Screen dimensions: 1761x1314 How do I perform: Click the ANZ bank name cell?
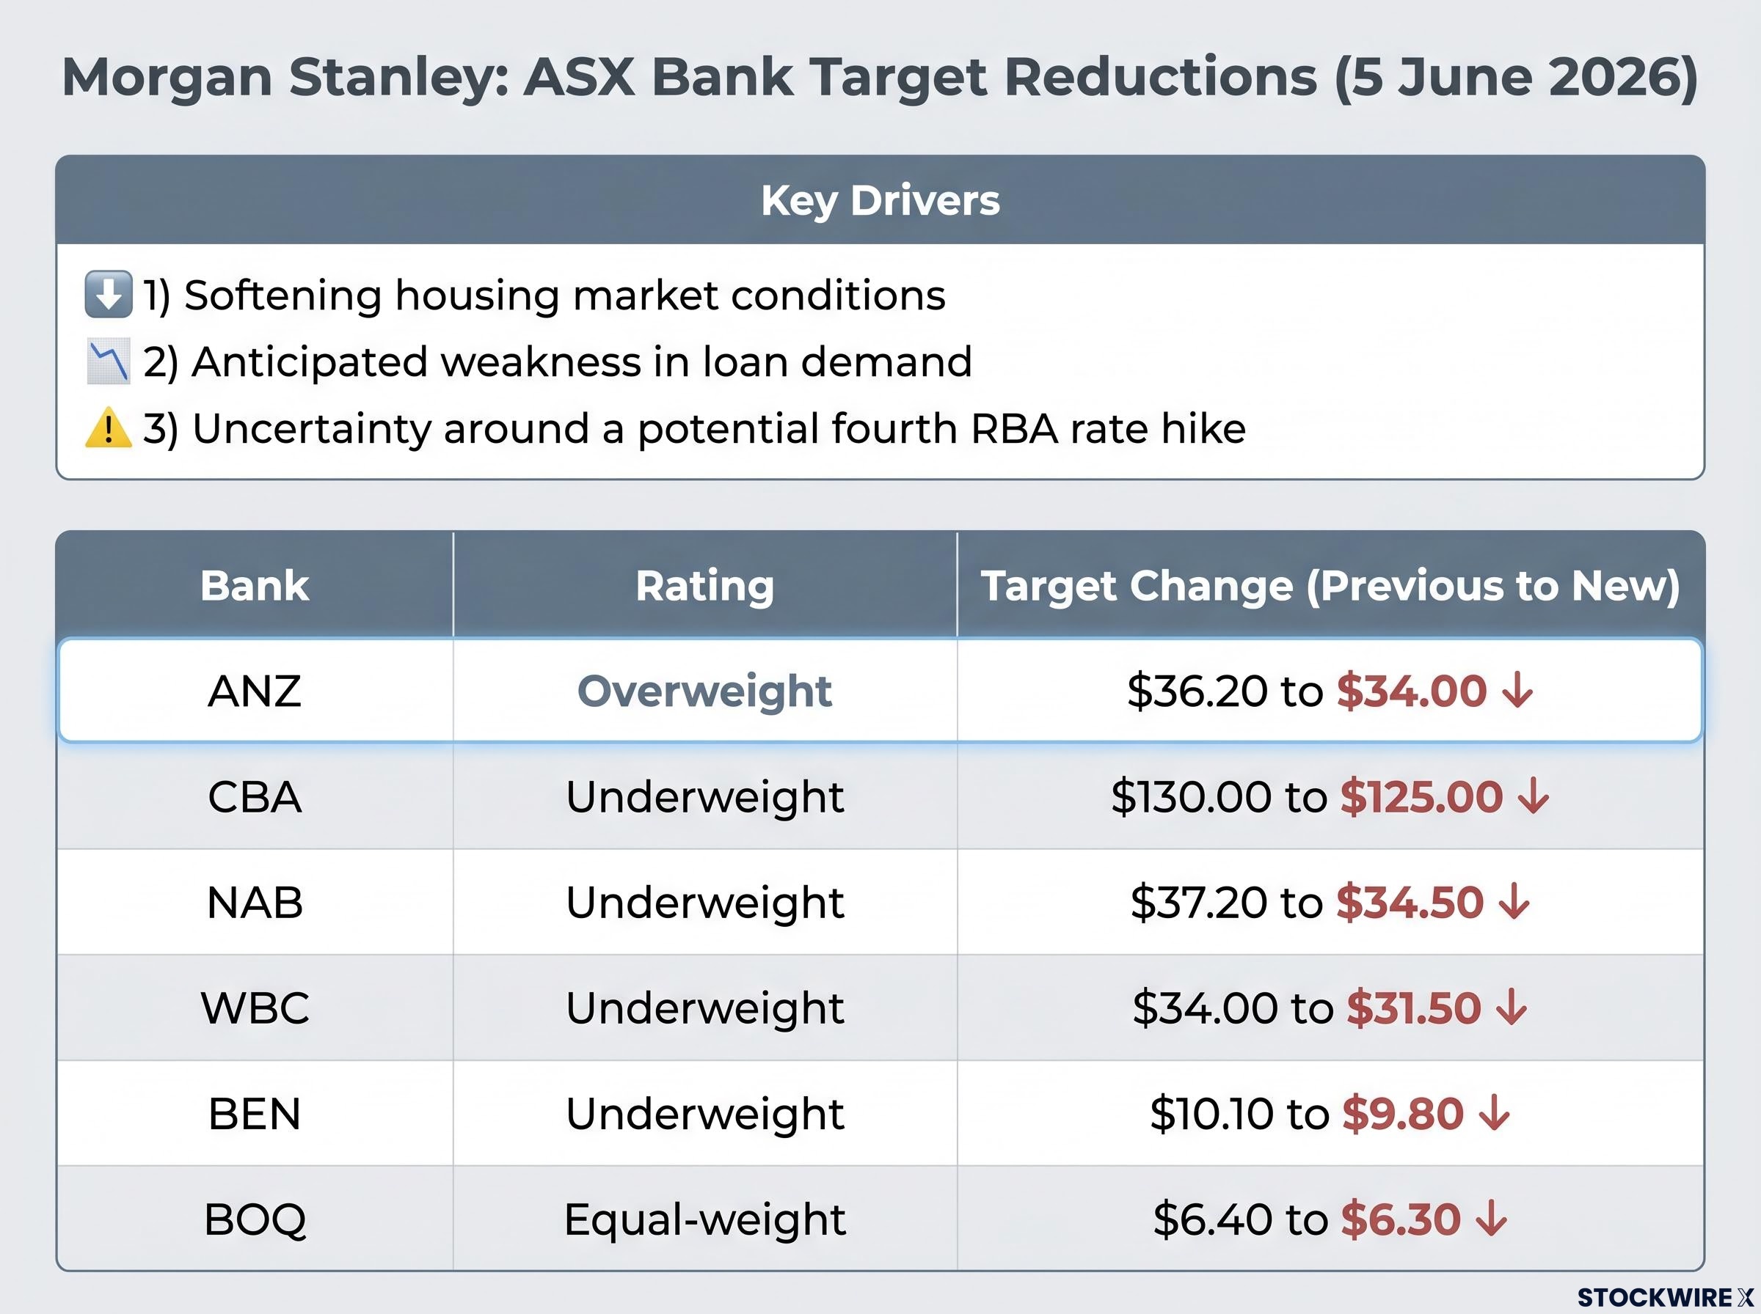click(x=255, y=691)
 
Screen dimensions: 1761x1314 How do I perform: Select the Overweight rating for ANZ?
click(x=704, y=691)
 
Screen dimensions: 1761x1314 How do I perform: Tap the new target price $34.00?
click(x=1411, y=691)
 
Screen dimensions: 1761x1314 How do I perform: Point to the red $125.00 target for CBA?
click(x=1421, y=796)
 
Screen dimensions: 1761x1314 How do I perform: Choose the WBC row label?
click(x=255, y=1007)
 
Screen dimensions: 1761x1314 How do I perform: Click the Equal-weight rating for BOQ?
click(x=704, y=1219)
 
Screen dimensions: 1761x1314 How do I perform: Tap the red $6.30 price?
click(x=1401, y=1219)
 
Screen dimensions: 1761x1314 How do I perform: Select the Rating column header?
click(x=704, y=585)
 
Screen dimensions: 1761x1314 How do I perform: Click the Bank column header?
click(x=255, y=585)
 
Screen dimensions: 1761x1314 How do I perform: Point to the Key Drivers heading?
click(x=880, y=200)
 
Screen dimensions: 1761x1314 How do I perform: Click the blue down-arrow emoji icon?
click(x=108, y=294)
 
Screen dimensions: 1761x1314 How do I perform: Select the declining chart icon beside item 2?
click(x=108, y=362)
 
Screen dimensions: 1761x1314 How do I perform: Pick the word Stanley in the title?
click(x=398, y=78)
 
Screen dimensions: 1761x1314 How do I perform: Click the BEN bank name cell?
click(x=255, y=1114)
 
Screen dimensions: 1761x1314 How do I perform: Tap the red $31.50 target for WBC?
click(x=1413, y=1007)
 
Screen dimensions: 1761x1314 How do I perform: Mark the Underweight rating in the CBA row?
click(x=704, y=796)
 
